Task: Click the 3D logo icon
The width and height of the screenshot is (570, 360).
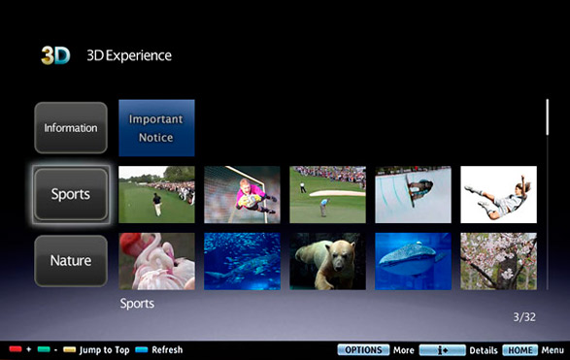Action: [55, 55]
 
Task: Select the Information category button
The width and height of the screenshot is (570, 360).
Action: [71, 127]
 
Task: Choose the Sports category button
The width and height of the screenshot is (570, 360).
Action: [71, 194]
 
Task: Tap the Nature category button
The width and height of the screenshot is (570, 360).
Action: [71, 260]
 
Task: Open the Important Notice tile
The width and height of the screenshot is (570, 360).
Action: [156, 128]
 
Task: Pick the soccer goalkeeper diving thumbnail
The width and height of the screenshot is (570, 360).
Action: [242, 194]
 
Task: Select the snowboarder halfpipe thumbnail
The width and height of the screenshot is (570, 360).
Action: [413, 194]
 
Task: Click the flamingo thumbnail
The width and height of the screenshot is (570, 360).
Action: [156, 261]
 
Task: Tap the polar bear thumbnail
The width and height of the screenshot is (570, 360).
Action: [327, 261]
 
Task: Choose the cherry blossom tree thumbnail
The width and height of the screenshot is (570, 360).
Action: [498, 261]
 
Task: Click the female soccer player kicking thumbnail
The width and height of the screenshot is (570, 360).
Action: [498, 194]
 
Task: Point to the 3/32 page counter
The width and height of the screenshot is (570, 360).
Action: [524, 317]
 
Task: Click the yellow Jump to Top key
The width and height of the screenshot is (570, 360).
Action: [70, 350]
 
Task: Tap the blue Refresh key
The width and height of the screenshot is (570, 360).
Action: [142, 350]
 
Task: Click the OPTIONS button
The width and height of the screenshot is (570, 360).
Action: [363, 350]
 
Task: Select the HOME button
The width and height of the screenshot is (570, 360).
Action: [520, 350]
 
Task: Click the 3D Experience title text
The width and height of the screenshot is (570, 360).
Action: [129, 55]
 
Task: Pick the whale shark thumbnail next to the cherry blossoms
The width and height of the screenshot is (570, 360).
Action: [413, 261]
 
